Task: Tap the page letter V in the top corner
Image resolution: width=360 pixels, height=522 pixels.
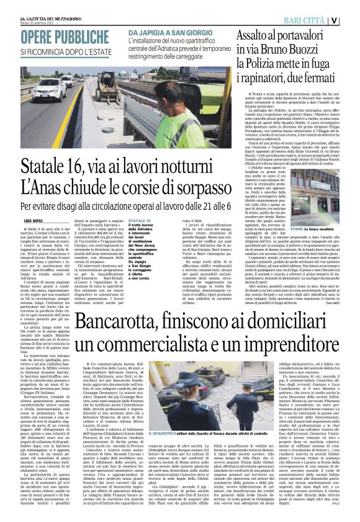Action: coord(351,19)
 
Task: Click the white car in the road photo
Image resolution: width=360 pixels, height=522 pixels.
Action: coord(52,88)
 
